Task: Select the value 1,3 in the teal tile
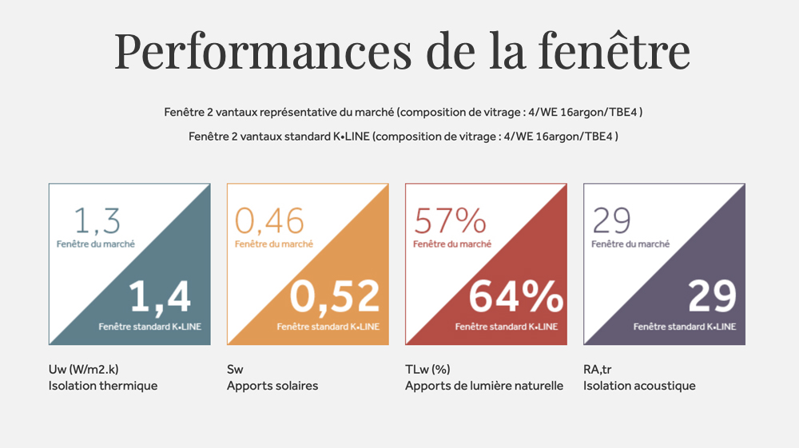pyautogui.click(x=97, y=221)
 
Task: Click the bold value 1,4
pyautogui.click(x=160, y=296)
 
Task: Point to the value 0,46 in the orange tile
pyautogui.click(x=269, y=221)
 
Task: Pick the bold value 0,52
pyautogui.click(x=335, y=296)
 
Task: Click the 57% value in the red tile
pyautogui.click(x=450, y=221)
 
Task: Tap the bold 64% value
pyautogui.click(x=515, y=296)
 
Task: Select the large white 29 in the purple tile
pyautogui.click(x=711, y=296)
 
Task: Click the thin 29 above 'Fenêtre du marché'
pyautogui.click(x=611, y=221)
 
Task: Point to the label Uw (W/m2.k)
pyautogui.click(x=84, y=369)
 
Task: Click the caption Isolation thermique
pyautogui.click(x=103, y=386)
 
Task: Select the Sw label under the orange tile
pyautogui.click(x=235, y=369)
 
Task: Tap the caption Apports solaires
pyautogui.click(x=272, y=386)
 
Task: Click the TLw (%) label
pyautogui.click(x=427, y=369)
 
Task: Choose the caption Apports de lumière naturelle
pyautogui.click(x=484, y=386)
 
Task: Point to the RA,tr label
pyautogui.click(x=600, y=369)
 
